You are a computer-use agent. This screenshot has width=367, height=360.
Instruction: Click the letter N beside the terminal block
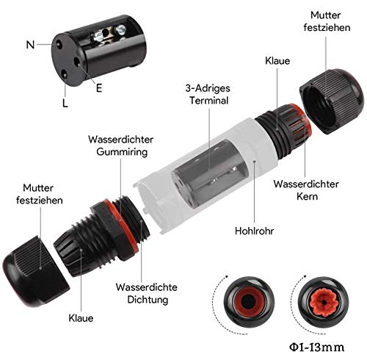click(30, 44)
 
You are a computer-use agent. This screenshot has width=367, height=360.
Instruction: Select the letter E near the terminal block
click(98, 87)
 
